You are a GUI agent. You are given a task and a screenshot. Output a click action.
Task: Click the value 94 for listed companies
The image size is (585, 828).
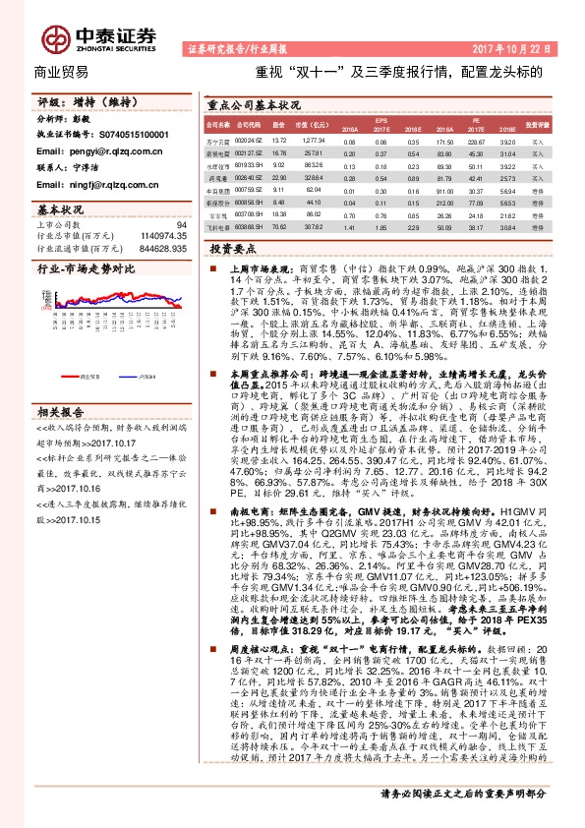tap(180, 226)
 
